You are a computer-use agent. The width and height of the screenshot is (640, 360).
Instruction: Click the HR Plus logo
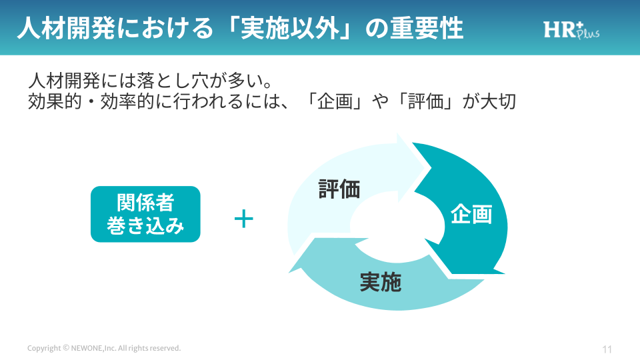pos(571,29)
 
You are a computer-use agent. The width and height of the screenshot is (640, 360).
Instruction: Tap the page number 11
pos(607,349)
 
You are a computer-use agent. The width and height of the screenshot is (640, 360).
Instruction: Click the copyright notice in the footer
pos(104,349)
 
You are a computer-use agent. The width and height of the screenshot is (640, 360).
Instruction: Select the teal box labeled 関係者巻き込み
pos(145,214)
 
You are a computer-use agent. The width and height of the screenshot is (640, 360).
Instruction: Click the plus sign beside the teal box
pos(244,219)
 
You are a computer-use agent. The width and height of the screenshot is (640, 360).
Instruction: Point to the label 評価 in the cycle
pos(339,190)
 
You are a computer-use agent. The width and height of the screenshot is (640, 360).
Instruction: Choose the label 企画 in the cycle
pos(471,215)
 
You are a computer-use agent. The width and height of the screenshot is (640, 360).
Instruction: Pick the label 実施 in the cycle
pos(380,283)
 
